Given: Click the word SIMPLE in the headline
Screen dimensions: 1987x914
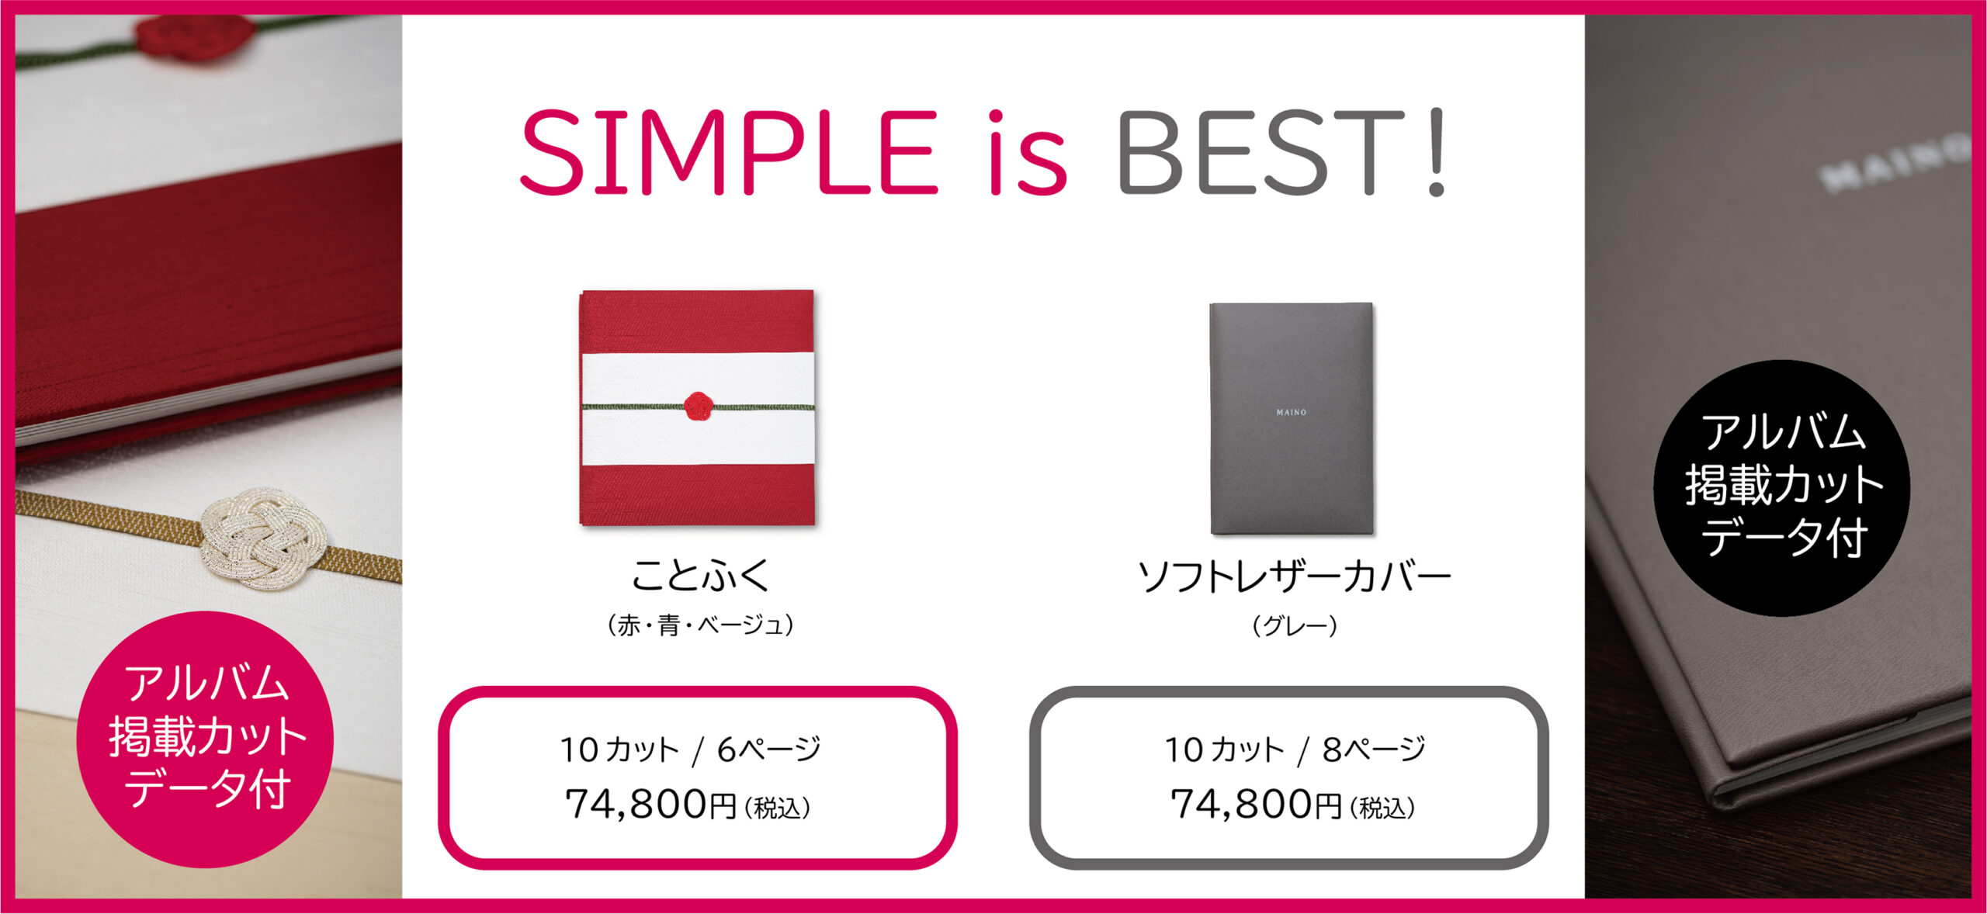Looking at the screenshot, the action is [x=728, y=151].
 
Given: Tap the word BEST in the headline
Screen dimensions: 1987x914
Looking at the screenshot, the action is [x=1262, y=151].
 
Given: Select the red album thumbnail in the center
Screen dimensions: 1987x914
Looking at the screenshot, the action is [x=697, y=408].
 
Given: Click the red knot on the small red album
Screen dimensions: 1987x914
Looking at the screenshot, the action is [x=698, y=406].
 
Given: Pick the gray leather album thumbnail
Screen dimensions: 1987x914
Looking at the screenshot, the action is [x=1292, y=418].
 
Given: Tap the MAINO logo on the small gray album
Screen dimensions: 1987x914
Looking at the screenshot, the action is [x=1292, y=412].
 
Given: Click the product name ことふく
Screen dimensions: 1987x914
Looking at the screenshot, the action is [x=700, y=575].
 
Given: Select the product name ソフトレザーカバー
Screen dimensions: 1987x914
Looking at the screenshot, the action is [x=1293, y=576].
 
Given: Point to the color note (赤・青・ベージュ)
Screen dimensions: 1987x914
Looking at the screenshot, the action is [x=700, y=625].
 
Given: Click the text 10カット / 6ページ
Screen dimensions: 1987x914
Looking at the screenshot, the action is [x=690, y=750].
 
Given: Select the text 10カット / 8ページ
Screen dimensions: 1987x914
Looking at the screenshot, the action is [x=1295, y=750].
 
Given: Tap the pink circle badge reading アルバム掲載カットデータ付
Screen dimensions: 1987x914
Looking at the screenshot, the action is [x=206, y=739].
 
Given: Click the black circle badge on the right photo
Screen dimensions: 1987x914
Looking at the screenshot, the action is [x=1782, y=488].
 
